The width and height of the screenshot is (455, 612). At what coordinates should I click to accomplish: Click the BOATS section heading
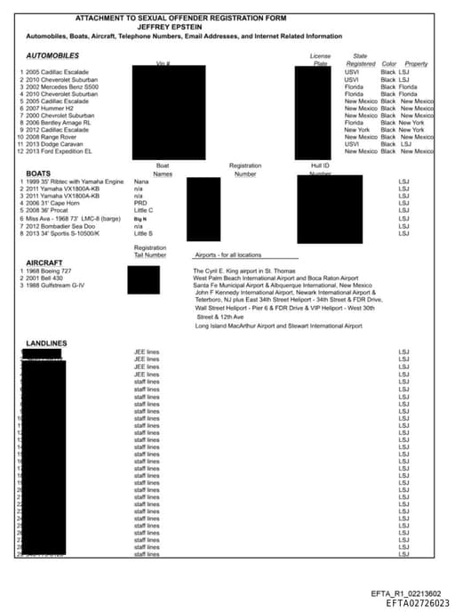[x=37, y=173]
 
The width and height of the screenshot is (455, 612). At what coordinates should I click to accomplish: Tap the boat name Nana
[x=140, y=181]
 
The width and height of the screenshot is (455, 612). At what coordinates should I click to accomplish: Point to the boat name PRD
[x=140, y=203]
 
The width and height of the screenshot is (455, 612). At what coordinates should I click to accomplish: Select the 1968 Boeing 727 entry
[x=54, y=270]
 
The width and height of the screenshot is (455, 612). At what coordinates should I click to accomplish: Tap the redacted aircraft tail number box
[x=143, y=279]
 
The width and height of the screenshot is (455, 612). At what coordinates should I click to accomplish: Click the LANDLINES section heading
[x=46, y=342]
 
